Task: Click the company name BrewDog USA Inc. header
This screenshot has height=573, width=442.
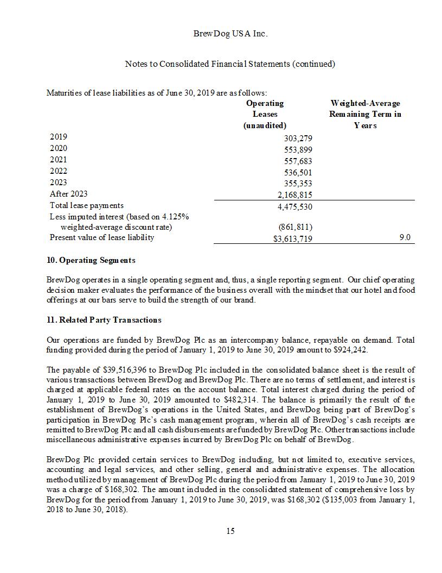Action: coord(230,34)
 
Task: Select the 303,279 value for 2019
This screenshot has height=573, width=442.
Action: coord(298,138)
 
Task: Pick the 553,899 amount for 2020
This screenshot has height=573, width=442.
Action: coord(298,150)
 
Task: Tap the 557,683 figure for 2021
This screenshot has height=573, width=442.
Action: coord(298,161)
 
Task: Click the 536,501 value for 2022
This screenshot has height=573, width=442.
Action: coord(298,173)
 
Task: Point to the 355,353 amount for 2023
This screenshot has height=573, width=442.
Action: coord(298,184)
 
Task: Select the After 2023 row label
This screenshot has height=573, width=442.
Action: coord(68,194)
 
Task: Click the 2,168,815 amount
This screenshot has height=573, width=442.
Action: coord(294,195)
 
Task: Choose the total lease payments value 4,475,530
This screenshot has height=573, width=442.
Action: coord(294,206)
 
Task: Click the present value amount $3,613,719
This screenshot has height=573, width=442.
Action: coord(292,239)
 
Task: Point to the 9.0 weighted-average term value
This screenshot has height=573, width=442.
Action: coord(405,237)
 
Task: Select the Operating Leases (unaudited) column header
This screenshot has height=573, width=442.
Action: coord(265,114)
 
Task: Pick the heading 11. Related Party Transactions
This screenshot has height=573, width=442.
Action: coord(104,320)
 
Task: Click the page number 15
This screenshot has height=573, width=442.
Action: coord(230,531)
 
